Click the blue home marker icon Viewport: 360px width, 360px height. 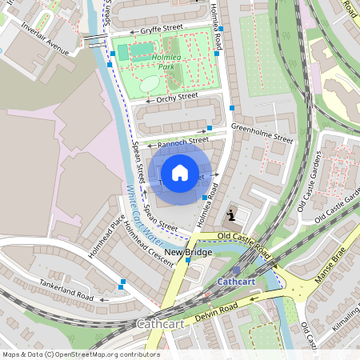click(180, 173)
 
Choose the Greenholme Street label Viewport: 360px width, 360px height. click(262, 132)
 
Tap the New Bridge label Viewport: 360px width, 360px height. click(188, 253)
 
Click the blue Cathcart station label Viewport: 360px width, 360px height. click(236, 282)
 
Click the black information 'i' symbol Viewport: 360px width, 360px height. click(231, 214)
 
